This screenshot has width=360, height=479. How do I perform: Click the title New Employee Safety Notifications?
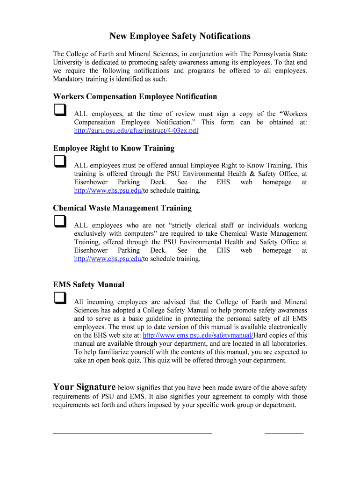point(180,36)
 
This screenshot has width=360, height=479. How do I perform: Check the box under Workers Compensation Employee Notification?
point(59,110)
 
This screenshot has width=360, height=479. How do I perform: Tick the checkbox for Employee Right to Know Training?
point(59,162)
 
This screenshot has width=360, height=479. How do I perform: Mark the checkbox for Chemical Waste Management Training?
point(59,221)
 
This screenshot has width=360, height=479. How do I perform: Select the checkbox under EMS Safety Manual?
point(59,298)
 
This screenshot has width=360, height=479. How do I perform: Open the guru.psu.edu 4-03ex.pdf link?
point(136,131)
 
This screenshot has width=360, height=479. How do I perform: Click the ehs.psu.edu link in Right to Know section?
point(108,191)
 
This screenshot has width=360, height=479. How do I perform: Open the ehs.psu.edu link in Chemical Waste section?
point(108,259)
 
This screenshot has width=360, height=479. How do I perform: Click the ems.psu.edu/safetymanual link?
point(197,335)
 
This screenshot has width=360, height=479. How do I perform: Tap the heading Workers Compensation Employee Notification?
point(135,97)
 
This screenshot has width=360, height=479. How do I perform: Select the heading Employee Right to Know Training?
point(114,148)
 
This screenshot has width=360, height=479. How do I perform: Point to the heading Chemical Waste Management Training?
point(122,208)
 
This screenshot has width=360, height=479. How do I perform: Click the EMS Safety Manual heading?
point(89,284)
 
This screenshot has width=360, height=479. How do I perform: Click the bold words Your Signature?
point(84,387)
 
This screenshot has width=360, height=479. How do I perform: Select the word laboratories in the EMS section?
point(287,344)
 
